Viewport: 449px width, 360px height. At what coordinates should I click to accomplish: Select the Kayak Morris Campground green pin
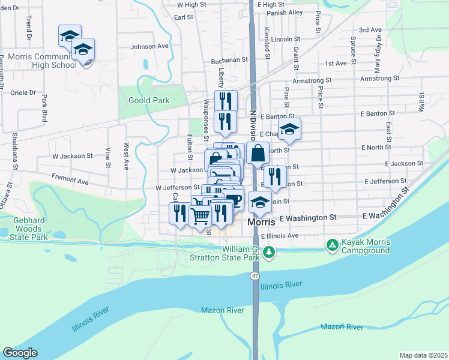(x=332, y=245)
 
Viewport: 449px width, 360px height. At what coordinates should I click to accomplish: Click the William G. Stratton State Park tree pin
(x=270, y=252)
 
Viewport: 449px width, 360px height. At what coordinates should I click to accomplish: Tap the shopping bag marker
(x=258, y=154)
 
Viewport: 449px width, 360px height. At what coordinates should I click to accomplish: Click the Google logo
(x=20, y=352)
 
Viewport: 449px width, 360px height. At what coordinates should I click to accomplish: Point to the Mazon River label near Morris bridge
(x=222, y=310)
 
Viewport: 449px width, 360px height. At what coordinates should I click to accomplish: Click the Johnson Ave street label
(x=149, y=46)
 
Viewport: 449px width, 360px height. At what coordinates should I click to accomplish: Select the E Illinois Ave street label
(x=280, y=236)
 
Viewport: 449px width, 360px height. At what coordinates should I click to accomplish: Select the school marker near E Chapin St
(x=289, y=129)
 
